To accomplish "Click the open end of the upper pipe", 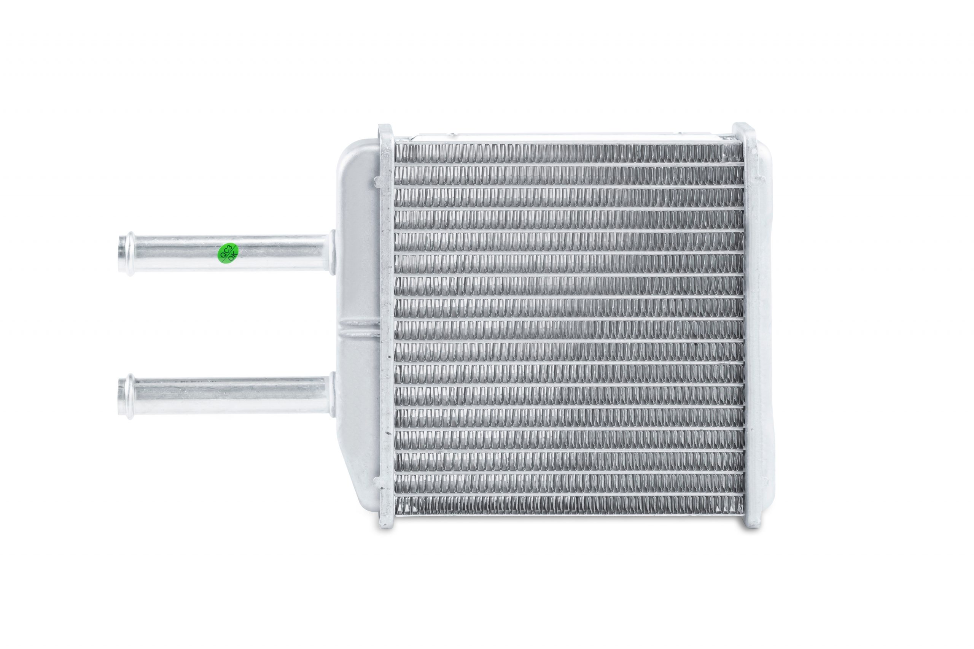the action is pos(121,254).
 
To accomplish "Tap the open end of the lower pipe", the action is pos(121,397).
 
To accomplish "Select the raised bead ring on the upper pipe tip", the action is pos(130,254).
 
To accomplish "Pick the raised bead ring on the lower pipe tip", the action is pos(130,397).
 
